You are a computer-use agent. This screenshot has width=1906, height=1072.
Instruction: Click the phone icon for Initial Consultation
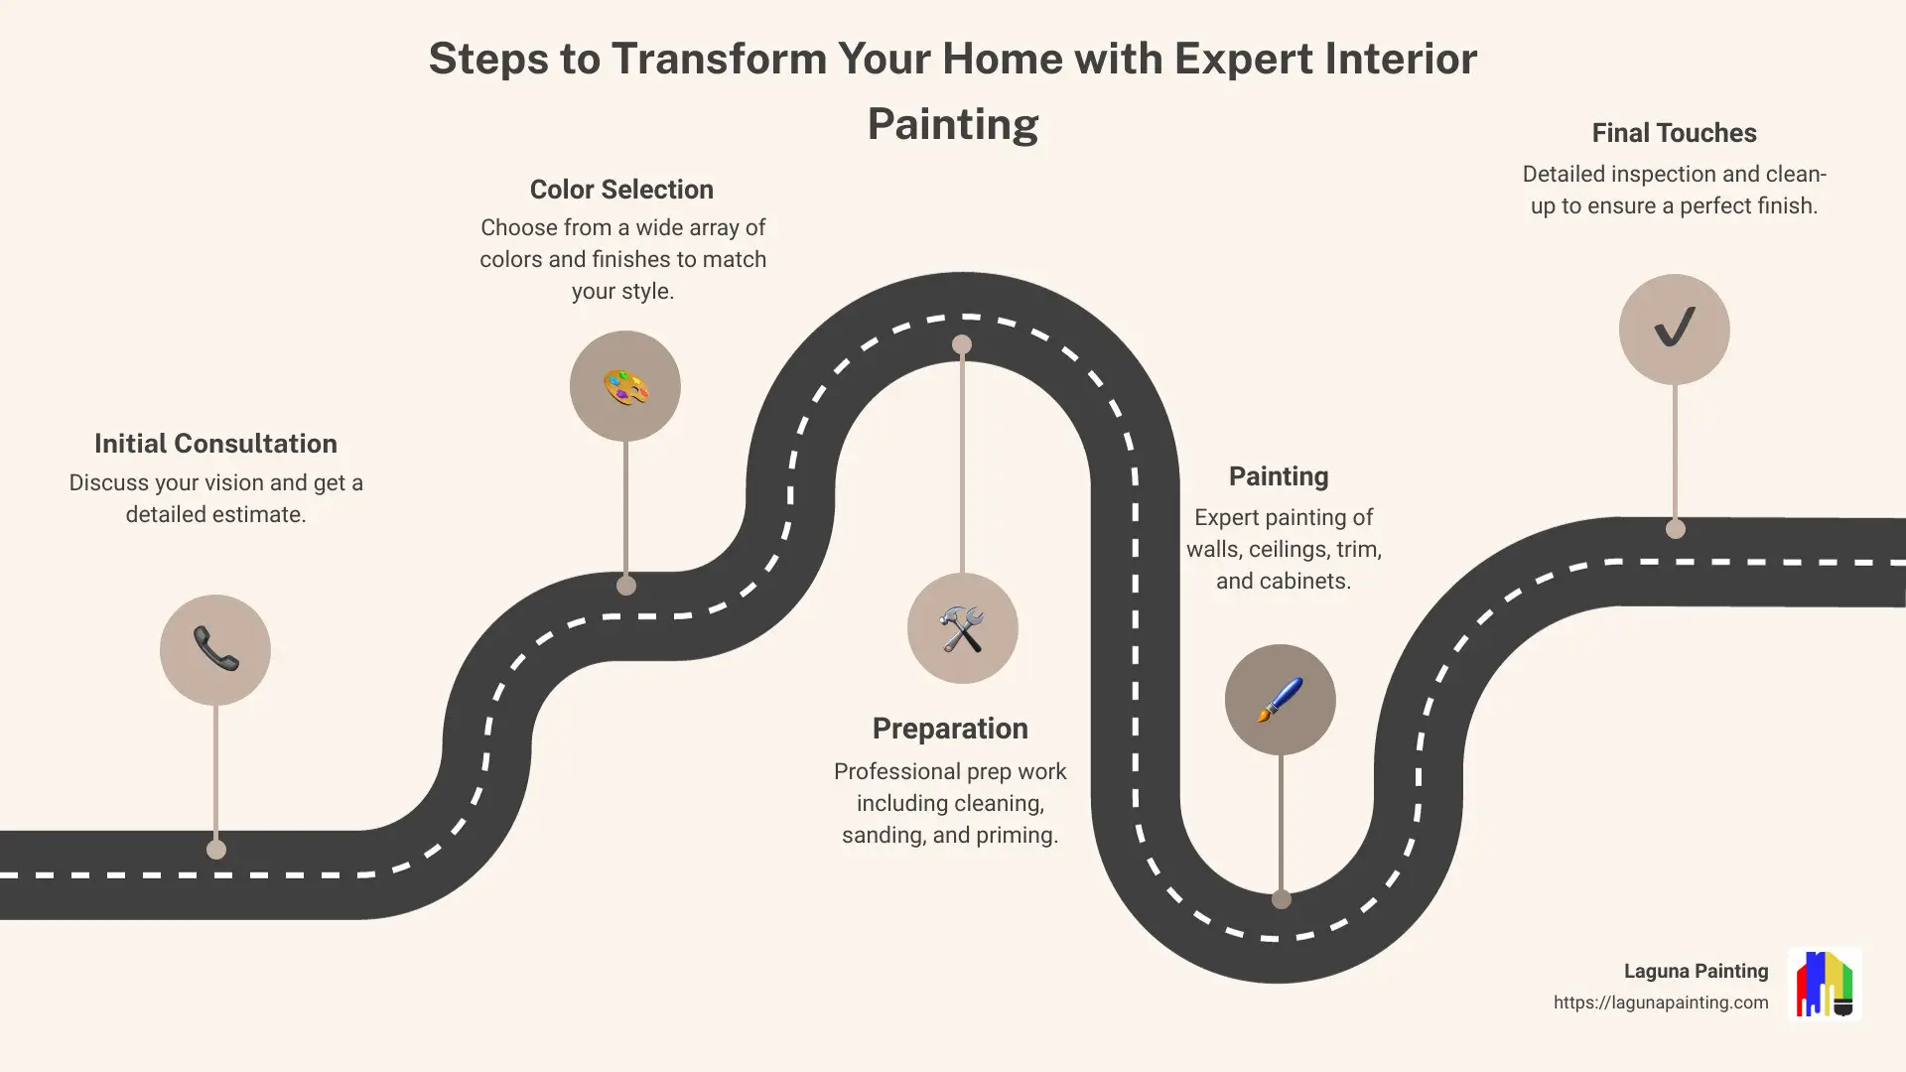tap(215, 650)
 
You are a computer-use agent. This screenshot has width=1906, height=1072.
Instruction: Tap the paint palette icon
tap(625, 386)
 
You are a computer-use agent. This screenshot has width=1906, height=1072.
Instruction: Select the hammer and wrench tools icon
tap(962, 628)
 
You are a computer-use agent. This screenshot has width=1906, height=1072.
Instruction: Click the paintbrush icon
tap(1280, 700)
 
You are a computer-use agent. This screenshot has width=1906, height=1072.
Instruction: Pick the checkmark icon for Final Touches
tap(1674, 329)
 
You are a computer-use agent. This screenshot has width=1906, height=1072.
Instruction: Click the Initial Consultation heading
tap(215, 444)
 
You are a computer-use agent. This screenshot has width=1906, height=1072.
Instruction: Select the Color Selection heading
tap(621, 190)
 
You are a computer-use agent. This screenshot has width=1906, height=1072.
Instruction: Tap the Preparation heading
tap(950, 729)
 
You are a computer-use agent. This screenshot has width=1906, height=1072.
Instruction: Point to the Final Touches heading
tap(1674, 133)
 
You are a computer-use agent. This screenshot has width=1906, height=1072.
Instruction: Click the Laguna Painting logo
tap(1825, 984)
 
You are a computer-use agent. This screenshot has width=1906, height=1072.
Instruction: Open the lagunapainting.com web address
tap(1661, 1003)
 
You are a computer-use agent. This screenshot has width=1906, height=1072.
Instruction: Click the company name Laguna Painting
tap(1696, 971)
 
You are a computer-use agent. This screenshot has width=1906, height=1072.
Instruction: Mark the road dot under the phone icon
tap(216, 850)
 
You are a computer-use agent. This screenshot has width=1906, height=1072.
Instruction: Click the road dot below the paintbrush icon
tap(1282, 899)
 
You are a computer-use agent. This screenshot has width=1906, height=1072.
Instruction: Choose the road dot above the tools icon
tap(962, 345)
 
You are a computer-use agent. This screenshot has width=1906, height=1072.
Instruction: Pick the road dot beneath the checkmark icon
tap(1676, 529)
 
